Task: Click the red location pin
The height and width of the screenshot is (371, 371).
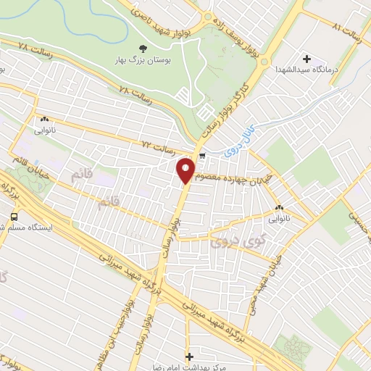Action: point(185,170)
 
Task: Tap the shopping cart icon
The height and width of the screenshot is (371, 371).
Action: point(202,154)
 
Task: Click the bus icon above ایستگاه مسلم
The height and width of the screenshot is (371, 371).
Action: point(14,216)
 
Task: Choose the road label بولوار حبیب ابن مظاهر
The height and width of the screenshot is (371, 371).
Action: point(146,320)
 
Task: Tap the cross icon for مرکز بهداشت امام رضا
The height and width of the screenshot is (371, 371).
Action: point(190,357)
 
